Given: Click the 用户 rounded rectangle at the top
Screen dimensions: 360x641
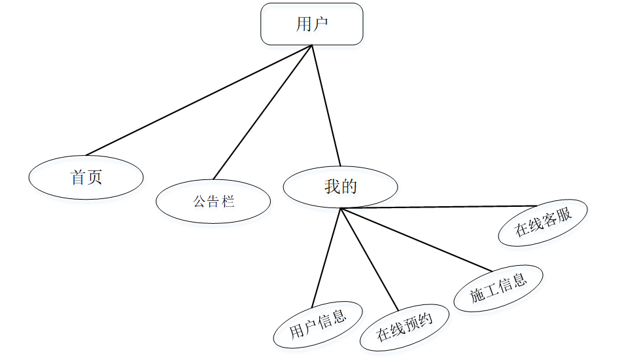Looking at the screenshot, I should (311, 24).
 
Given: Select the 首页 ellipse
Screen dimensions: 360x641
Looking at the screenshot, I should (86, 177).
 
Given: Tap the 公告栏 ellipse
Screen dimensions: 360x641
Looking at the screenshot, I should (213, 201).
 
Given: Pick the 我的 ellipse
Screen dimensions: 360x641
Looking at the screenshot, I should (340, 187).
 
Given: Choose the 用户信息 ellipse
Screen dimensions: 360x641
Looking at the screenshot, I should (318, 325).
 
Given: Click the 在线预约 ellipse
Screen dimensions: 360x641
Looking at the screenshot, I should (405, 327).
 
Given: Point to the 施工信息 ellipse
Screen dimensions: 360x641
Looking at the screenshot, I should (498, 288).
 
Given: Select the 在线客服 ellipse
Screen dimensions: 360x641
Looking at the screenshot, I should (543, 223).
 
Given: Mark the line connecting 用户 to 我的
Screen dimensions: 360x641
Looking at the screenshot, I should (326, 105).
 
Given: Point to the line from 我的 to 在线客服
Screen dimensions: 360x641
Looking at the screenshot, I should (438, 207).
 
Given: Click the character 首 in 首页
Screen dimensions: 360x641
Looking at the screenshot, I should (78, 177).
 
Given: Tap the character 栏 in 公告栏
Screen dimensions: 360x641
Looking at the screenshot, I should (228, 201).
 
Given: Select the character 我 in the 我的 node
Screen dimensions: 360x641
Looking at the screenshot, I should (332, 187).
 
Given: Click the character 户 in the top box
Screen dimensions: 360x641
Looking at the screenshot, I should (320, 24).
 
